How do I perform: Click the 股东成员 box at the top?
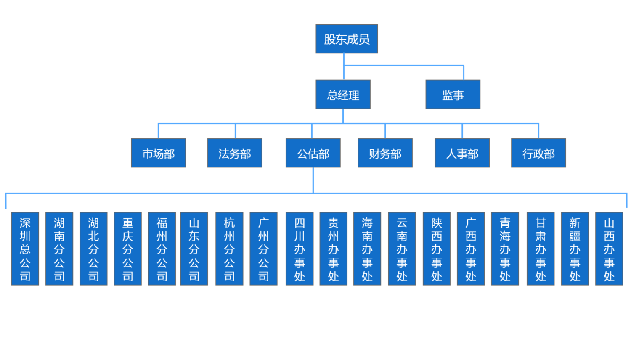tap(347, 39)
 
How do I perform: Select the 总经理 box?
tap(343, 95)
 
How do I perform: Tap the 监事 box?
tap(453, 95)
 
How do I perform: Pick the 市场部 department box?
tap(158, 153)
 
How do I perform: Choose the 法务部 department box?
tap(234, 153)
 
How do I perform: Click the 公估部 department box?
tap(313, 153)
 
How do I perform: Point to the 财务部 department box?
tap(385, 153)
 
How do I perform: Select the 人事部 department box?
tap(462, 153)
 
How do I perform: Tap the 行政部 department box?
tap(538, 153)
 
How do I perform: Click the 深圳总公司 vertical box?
tap(25, 249)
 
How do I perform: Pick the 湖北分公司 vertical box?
tap(93, 249)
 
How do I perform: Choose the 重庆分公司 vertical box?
tap(127, 249)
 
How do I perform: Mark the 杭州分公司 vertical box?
tap(229, 249)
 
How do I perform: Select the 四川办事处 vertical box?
tap(300, 249)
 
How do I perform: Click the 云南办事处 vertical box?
tap(402, 249)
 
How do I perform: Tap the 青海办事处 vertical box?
tap(505, 249)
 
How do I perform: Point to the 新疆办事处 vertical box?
tap(575, 249)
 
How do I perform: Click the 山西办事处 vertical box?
tap(609, 249)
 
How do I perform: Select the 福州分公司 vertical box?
tap(162, 249)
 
